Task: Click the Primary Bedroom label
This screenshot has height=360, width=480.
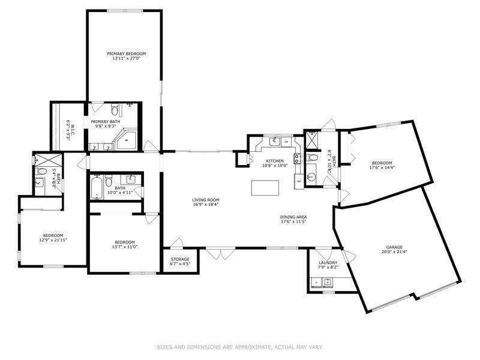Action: point(126,53)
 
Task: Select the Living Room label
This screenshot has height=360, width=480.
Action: point(206,200)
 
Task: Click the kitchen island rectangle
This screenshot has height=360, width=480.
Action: point(265,187)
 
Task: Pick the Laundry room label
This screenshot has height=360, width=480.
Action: point(328,262)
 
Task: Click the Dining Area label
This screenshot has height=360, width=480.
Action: point(293,217)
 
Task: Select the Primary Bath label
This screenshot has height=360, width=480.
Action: point(106,122)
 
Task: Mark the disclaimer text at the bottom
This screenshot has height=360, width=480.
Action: point(240,347)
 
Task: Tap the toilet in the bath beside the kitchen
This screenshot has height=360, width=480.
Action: point(311,158)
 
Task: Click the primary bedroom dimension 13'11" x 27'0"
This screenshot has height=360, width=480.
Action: point(126,58)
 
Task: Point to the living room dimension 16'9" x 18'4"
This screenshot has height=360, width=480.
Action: point(206,205)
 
